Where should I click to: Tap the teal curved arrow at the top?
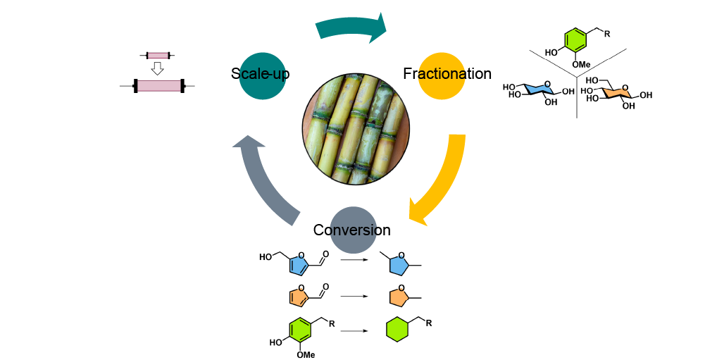pos(352,27)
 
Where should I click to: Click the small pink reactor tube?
pos(158,55)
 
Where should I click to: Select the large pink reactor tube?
pos(158,86)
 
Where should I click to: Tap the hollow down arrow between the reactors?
pos(158,68)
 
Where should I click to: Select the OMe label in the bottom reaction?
pos(305,354)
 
